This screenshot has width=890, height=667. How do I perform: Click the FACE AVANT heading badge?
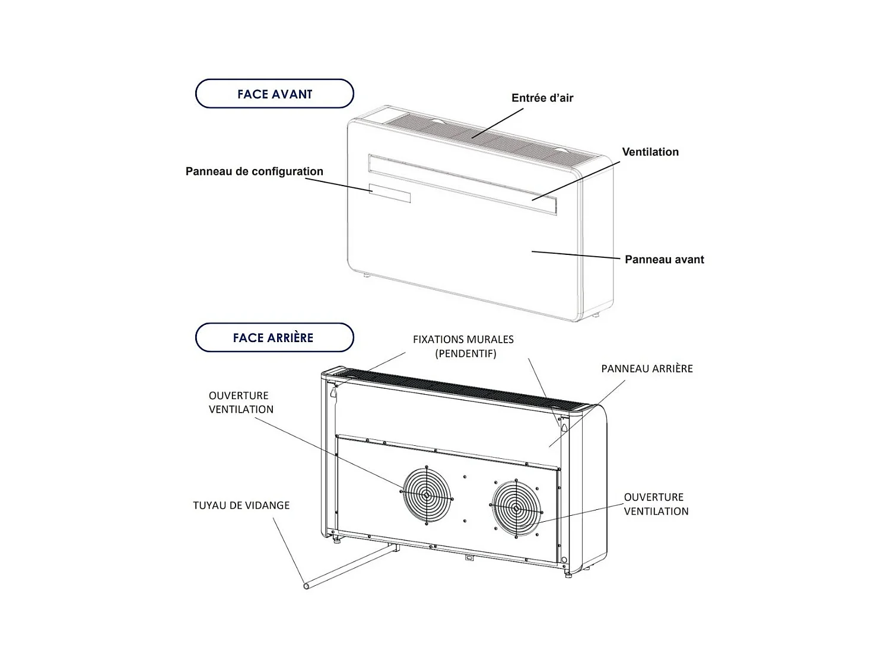pyautogui.click(x=274, y=94)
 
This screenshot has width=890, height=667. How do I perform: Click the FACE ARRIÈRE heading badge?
pyautogui.click(x=274, y=337)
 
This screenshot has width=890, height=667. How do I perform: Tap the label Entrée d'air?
pyautogui.click(x=542, y=98)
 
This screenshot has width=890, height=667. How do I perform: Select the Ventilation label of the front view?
pyautogui.click(x=650, y=152)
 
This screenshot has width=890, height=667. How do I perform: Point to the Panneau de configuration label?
pyautogui.click(x=254, y=171)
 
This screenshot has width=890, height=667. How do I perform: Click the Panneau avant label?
pyautogui.click(x=664, y=259)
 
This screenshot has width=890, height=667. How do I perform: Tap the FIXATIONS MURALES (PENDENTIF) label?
pyautogui.click(x=463, y=346)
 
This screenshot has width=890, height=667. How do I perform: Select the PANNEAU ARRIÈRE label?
pyautogui.click(x=647, y=368)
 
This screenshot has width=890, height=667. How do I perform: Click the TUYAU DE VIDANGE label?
pyautogui.click(x=241, y=505)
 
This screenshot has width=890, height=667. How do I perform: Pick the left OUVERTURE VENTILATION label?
pyautogui.click(x=241, y=402)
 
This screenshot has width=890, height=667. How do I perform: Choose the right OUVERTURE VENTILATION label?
pyautogui.click(x=656, y=504)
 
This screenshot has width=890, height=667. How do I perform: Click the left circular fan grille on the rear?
pyautogui.click(x=427, y=494)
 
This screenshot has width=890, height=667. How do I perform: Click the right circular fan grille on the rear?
pyautogui.click(x=516, y=508)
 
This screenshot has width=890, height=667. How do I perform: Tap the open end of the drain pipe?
pyautogui.click(x=306, y=586)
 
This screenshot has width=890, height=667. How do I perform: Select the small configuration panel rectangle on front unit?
pyautogui.click(x=389, y=193)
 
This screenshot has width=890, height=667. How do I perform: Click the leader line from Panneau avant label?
pyautogui.click(x=576, y=255)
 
